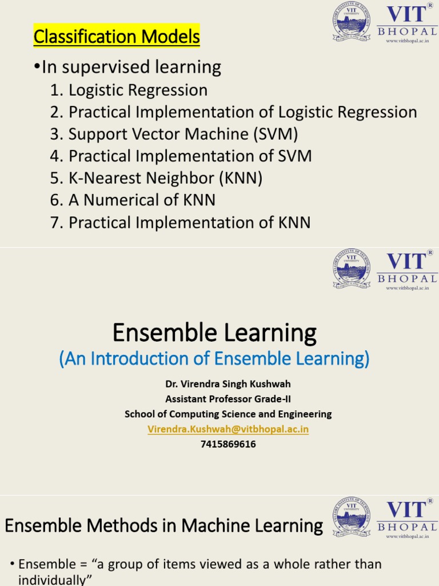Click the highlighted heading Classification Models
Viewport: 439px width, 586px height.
[117, 37]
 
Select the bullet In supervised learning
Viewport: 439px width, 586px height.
[127, 67]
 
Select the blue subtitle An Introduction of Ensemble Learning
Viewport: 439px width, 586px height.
[214, 359]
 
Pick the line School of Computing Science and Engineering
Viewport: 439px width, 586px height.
[228, 414]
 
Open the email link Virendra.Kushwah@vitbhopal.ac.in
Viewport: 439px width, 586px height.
[228, 429]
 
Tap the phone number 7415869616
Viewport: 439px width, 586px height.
[228, 444]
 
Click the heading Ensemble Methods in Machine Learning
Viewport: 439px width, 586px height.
[164, 526]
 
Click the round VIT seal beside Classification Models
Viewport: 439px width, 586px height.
[352, 22]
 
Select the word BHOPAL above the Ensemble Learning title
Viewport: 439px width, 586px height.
[407, 278]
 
